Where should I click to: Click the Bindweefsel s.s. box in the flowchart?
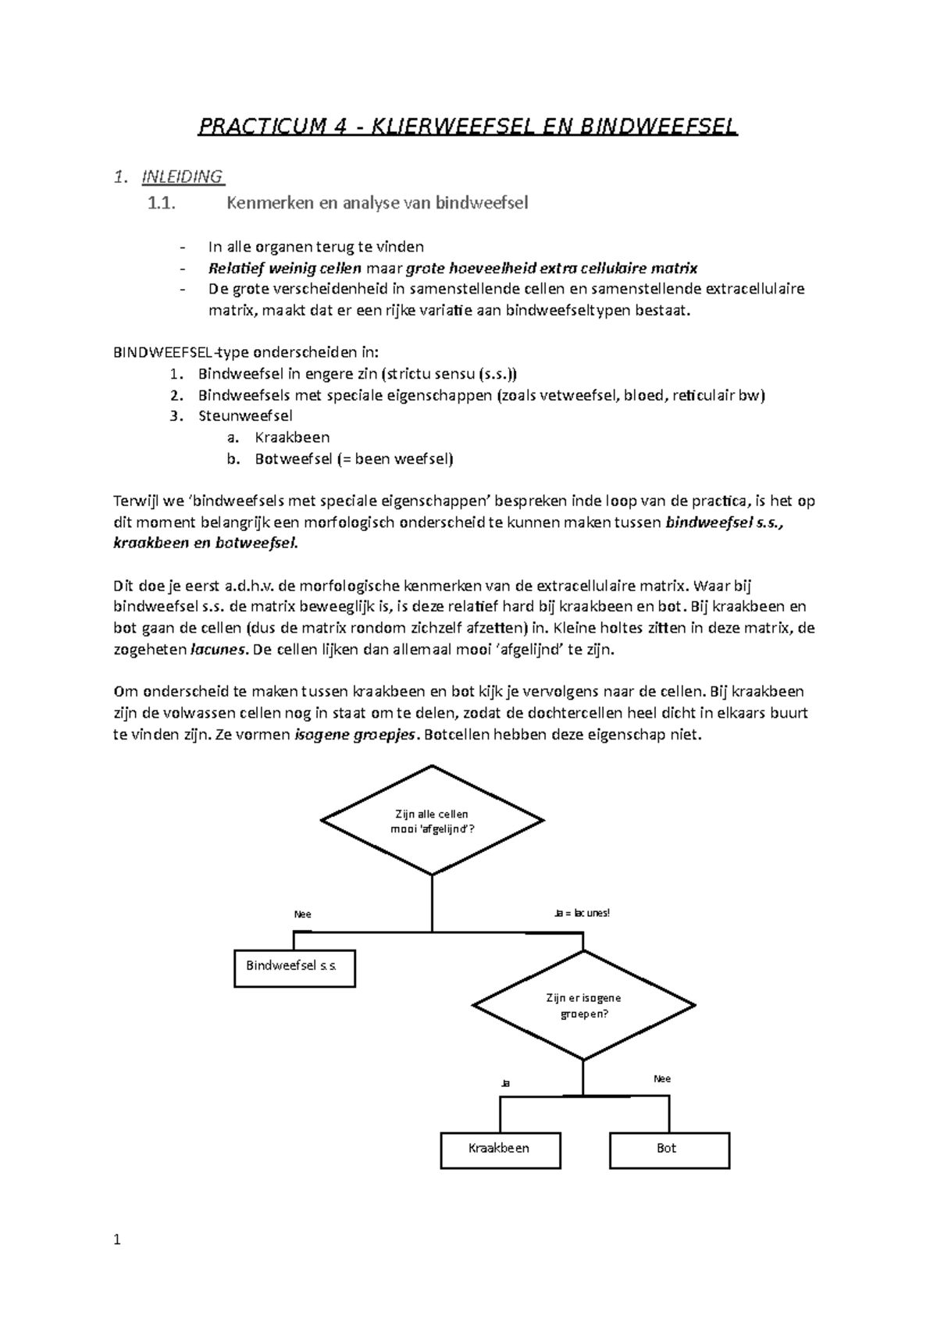(294, 968)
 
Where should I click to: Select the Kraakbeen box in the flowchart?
(500, 1150)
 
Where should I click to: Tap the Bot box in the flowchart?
(668, 1150)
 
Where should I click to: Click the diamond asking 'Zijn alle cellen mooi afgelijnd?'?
(432, 821)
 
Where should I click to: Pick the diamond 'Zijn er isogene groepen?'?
(584, 1006)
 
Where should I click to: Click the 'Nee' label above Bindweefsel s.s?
(302, 914)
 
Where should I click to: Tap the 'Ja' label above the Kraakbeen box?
(505, 1084)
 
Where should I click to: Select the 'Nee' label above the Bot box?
(661, 1078)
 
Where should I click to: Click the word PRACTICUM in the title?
(259, 127)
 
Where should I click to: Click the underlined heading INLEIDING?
(182, 176)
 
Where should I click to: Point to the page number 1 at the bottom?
(117, 1239)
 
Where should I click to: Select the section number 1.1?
(161, 204)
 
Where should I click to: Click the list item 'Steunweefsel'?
(245, 416)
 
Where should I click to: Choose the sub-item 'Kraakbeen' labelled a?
(292, 437)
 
